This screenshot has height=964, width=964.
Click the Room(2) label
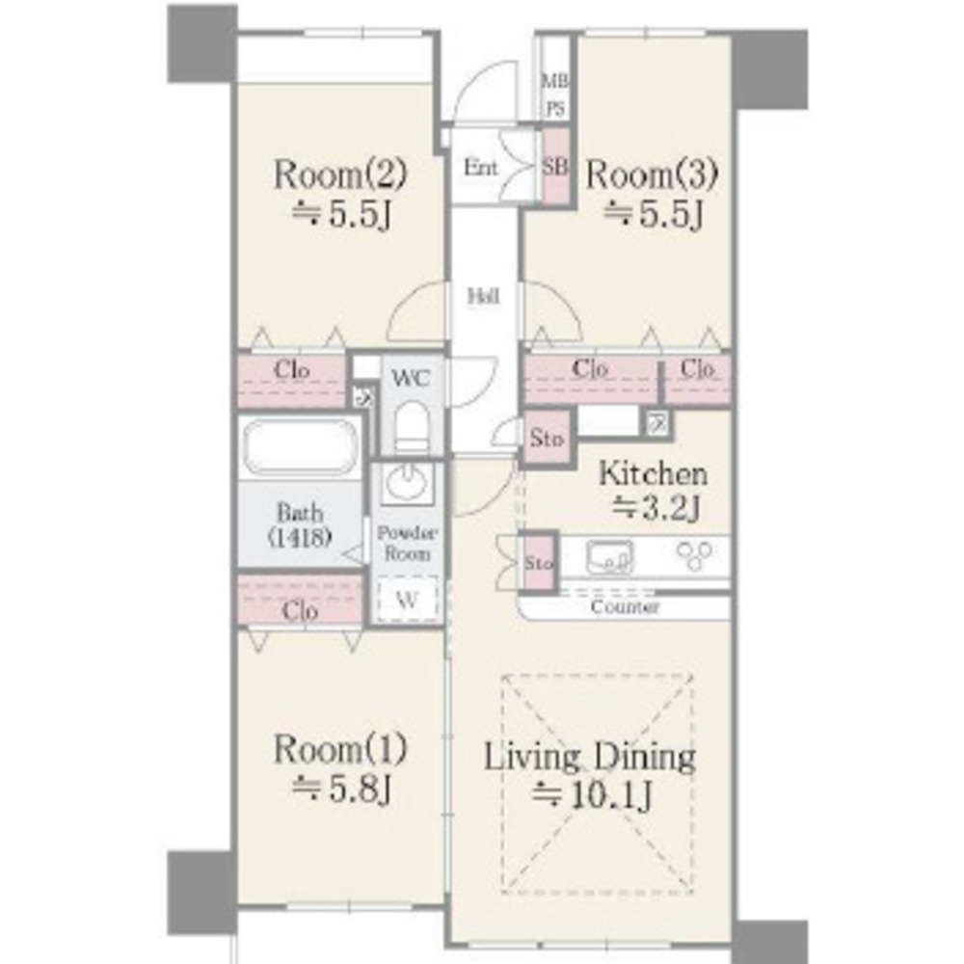coord(340,174)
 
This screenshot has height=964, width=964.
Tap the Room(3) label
coord(652,174)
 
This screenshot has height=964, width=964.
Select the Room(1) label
coord(340,749)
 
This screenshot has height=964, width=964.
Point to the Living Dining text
coord(590,757)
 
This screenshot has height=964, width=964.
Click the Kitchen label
coord(653,473)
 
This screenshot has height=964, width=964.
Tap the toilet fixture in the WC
coord(411,427)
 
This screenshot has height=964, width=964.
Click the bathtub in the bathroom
coord(300,447)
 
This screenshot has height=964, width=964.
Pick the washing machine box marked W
coord(407,599)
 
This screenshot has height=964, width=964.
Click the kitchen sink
coord(609,557)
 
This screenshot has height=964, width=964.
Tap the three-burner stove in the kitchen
coord(695,556)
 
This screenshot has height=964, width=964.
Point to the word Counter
coord(624,607)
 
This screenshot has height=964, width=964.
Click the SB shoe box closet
coord(556,166)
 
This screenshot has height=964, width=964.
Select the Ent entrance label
coord(480,167)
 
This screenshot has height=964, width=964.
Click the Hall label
coord(483,296)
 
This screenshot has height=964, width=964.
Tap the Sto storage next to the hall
coord(548,438)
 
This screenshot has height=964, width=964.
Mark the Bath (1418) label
coord(300,524)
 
